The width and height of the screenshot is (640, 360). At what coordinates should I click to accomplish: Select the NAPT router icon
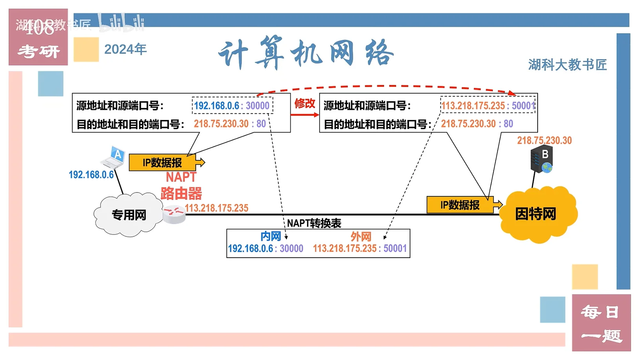pyautogui.click(x=174, y=214)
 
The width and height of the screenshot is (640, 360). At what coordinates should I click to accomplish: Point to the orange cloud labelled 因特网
pyautogui.click(x=537, y=214)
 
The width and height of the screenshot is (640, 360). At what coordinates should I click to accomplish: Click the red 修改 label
pyautogui.click(x=305, y=103)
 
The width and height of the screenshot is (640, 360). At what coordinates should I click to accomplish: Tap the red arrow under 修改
pyautogui.click(x=305, y=115)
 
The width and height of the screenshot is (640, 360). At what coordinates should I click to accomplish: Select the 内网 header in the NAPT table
pyautogui.click(x=270, y=236)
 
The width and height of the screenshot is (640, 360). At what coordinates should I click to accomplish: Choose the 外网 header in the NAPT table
pyautogui.click(x=360, y=236)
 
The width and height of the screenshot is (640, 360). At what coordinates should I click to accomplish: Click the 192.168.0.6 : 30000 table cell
pyautogui.click(x=265, y=249)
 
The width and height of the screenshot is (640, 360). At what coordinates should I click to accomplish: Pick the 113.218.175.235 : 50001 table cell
pyautogui.click(x=360, y=249)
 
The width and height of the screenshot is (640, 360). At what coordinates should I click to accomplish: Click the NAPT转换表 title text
pyautogui.click(x=314, y=223)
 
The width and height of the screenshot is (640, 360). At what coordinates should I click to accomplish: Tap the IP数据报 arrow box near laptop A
pyautogui.click(x=165, y=162)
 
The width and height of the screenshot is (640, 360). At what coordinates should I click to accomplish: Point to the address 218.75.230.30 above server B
pyautogui.click(x=544, y=140)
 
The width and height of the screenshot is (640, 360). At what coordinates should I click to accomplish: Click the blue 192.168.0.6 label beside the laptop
pyautogui.click(x=91, y=175)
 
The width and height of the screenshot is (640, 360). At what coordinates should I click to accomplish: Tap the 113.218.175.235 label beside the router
pyautogui.click(x=216, y=208)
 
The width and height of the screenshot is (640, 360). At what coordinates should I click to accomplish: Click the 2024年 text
pyautogui.click(x=125, y=49)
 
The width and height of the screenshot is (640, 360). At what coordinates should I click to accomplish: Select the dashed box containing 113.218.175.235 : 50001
pyautogui.click(x=487, y=105)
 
